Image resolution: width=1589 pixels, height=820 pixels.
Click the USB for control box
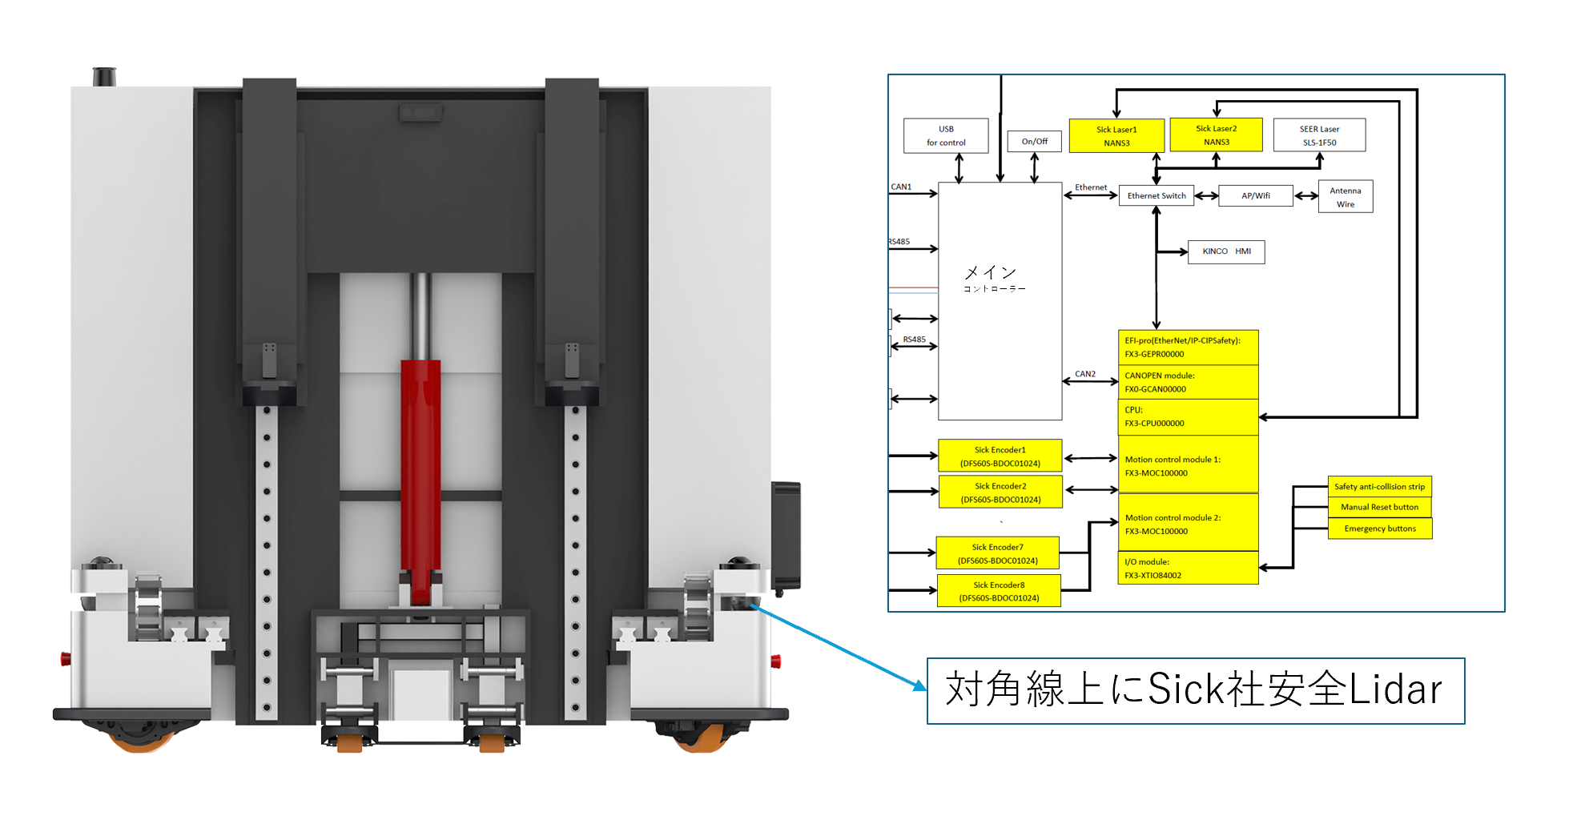coord(946,135)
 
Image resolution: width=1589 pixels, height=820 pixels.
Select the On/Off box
coord(1034,142)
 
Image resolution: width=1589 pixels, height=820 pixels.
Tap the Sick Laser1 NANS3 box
coord(1116,136)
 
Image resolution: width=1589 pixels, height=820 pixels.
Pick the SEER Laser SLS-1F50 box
coord(1319,135)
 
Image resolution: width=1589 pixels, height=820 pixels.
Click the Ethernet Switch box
coord(1157,195)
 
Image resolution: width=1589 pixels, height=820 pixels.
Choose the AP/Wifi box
coord(1256,195)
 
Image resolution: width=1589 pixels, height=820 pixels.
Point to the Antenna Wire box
coord(1346,196)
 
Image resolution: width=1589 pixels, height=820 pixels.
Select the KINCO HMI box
coord(1226,251)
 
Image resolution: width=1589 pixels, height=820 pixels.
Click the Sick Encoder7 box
coord(998,553)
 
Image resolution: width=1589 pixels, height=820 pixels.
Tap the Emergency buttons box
coord(1380,529)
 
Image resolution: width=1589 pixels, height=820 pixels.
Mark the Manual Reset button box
coord(1380,507)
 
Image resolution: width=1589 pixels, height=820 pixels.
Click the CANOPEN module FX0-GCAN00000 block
coord(1188,382)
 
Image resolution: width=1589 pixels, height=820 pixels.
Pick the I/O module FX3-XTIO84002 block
coord(1188,568)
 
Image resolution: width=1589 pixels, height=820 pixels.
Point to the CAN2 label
coord(1085,374)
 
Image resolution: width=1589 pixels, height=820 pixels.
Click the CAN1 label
coord(901,187)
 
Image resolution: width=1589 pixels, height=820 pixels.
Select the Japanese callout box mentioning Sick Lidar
coord(1196,691)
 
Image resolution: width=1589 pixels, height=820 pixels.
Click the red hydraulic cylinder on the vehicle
coord(420,480)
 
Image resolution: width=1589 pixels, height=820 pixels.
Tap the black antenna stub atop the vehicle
coord(104,77)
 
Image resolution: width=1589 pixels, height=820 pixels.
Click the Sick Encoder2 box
coord(1000,492)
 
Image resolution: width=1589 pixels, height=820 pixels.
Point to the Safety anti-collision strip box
coord(1380,486)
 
